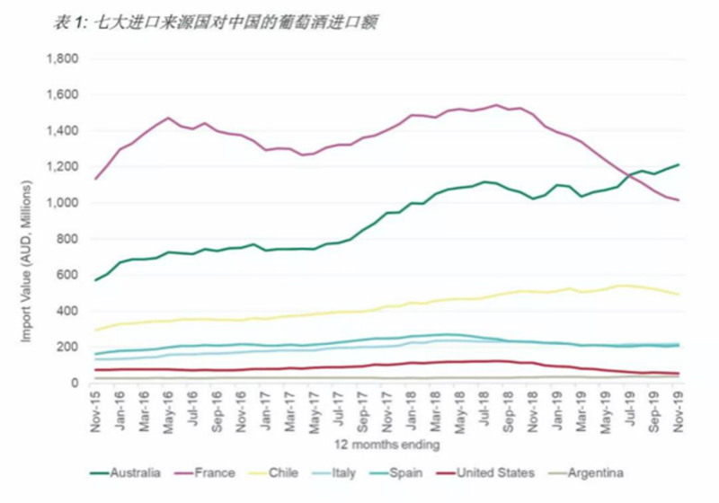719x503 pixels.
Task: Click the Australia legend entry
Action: tap(131, 472)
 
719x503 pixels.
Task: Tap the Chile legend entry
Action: tap(286, 472)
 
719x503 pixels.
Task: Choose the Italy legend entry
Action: tap(346, 472)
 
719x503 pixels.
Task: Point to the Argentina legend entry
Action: tap(594, 472)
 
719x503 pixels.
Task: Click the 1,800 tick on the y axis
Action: tap(63, 59)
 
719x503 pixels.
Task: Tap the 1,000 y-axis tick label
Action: tap(63, 203)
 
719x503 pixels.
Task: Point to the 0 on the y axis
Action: tap(76, 383)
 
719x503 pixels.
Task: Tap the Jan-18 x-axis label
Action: tap(412, 411)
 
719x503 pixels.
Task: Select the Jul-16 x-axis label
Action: tap(193, 411)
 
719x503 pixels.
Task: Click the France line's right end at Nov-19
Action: tap(679, 200)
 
